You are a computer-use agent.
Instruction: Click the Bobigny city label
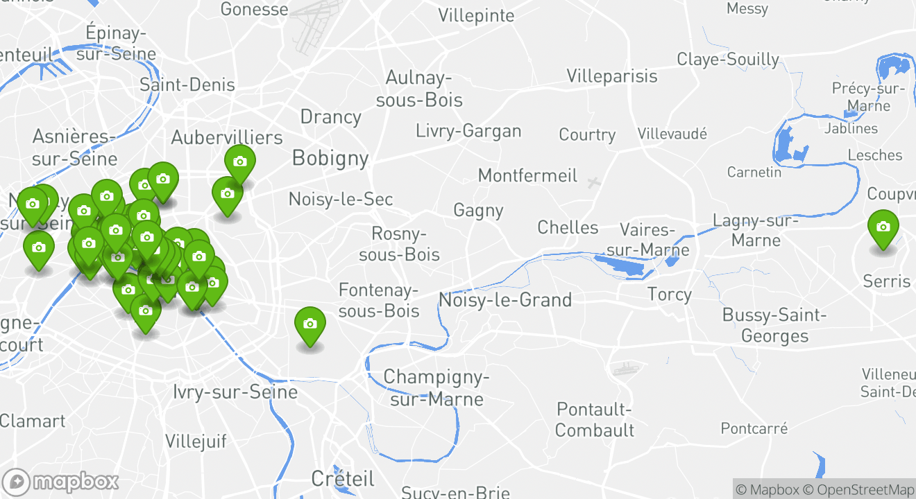330,158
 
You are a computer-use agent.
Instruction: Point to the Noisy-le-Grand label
505,300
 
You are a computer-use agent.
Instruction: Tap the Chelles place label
568,227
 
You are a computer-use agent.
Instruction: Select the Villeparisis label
611,76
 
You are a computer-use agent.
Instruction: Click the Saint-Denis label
187,85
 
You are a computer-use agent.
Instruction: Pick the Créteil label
343,478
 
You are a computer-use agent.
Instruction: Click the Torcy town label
669,295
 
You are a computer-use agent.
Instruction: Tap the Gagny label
478,210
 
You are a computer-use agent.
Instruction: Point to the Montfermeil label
527,175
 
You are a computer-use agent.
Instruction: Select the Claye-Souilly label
728,60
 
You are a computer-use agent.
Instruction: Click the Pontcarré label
754,428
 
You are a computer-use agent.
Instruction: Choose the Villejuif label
196,441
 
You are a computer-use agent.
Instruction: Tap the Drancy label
330,116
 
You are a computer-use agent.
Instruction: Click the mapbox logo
61,482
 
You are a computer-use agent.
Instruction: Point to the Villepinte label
476,16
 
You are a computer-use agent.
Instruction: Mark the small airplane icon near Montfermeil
593,183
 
